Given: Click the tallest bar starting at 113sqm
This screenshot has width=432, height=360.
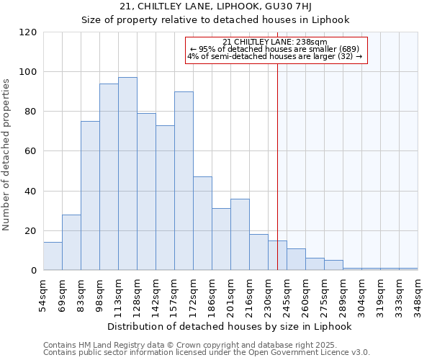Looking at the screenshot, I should click(x=127, y=174).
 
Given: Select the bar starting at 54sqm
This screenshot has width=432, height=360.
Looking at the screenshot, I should click(x=53, y=256).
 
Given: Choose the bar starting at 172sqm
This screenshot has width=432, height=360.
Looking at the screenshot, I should click(x=202, y=223).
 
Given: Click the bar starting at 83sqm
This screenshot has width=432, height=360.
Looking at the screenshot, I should click(x=90, y=196).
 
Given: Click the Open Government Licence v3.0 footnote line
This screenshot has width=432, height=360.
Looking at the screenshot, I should click(x=207, y=353).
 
